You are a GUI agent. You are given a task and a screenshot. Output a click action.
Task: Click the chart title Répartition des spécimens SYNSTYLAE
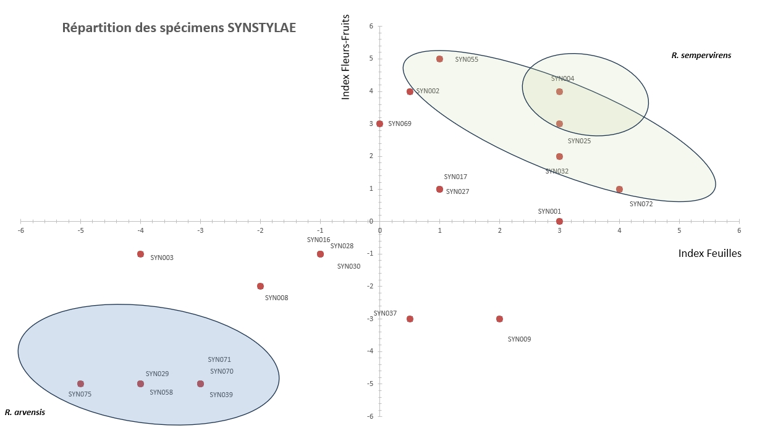click(179, 28)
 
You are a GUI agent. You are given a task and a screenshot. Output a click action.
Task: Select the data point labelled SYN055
click(439, 59)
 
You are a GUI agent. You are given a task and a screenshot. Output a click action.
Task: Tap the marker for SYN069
click(379, 124)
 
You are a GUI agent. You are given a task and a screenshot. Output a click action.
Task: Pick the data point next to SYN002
click(410, 91)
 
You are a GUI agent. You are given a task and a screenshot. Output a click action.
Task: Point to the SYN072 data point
click(619, 189)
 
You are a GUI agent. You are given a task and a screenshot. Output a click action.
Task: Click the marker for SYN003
click(140, 254)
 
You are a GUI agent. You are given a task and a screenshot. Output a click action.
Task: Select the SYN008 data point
click(260, 286)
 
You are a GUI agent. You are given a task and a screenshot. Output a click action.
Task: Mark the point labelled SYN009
click(499, 319)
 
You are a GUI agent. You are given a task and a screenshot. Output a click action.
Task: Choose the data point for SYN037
click(410, 319)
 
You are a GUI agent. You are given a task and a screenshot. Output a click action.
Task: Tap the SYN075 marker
click(80, 384)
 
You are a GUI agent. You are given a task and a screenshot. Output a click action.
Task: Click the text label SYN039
click(221, 395)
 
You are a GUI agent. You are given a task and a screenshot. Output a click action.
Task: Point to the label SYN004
click(562, 78)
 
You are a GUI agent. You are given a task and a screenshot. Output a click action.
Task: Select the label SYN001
click(549, 211)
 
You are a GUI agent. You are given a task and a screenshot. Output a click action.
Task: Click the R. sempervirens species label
click(701, 55)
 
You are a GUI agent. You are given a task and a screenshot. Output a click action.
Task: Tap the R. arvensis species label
click(25, 412)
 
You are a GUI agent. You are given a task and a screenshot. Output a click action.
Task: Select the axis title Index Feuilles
click(709, 253)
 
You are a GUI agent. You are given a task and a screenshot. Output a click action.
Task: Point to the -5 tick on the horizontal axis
click(80, 231)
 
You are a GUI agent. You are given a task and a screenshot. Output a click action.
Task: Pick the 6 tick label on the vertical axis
click(371, 26)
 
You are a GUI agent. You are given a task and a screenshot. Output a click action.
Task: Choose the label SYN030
click(349, 266)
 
